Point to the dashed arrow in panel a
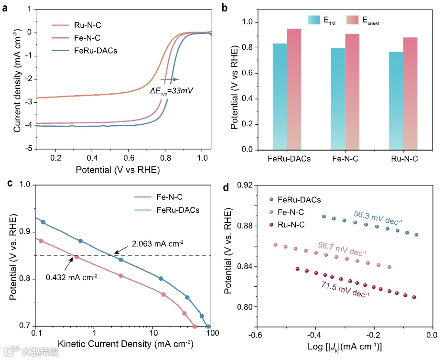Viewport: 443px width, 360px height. click(169, 79)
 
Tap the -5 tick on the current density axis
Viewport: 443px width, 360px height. click(29, 150)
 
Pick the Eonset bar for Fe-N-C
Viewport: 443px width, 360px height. click(352, 92)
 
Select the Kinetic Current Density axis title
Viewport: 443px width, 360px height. click(125, 344)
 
